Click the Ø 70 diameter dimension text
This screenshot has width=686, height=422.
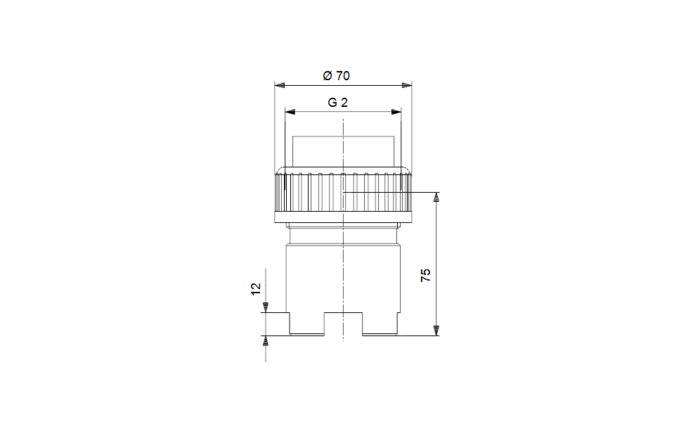336,76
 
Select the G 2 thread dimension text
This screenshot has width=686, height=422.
338,103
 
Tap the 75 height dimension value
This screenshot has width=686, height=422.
425,275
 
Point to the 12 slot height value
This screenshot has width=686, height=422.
256,288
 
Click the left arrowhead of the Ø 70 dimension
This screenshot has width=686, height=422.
280,85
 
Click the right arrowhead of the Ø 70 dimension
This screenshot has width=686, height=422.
407,85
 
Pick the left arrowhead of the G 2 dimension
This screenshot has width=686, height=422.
290,112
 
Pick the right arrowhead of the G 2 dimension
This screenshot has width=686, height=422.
396,112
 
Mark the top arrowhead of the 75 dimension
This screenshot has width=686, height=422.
436,198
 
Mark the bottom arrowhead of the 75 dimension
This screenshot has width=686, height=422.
436,331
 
